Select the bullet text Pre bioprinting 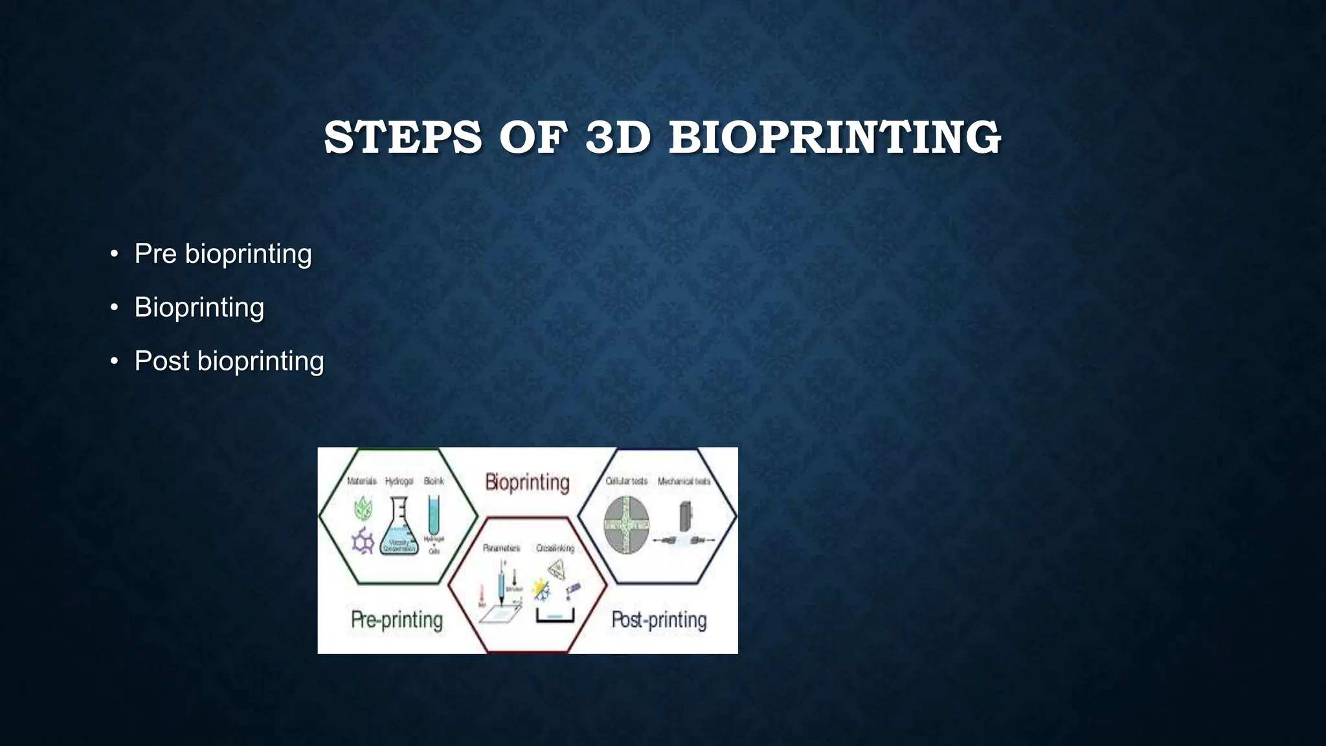click(x=223, y=253)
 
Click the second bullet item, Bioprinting click(x=199, y=307)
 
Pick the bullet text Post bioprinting click(x=229, y=361)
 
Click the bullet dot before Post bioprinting click(x=114, y=361)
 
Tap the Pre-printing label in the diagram click(x=396, y=620)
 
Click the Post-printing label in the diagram click(x=658, y=620)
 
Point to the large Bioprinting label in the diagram click(x=527, y=482)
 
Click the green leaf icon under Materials click(x=363, y=509)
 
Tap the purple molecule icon click(x=363, y=541)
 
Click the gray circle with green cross click(x=626, y=525)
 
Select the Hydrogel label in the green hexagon click(x=399, y=481)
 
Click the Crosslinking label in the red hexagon click(x=555, y=548)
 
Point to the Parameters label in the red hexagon click(x=501, y=548)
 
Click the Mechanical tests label click(x=684, y=481)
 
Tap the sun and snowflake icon click(x=540, y=589)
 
